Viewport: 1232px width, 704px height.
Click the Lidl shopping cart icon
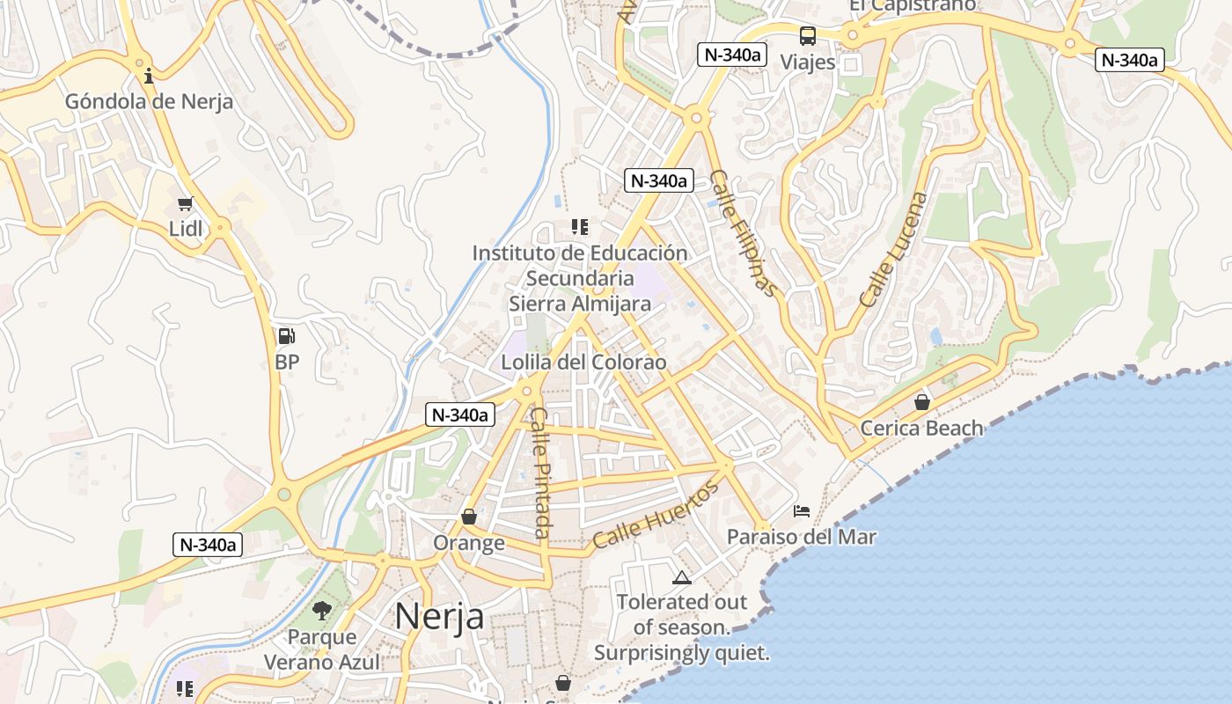click(185, 204)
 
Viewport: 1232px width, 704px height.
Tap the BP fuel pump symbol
click(286, 335)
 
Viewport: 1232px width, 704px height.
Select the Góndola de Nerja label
click(150, 101)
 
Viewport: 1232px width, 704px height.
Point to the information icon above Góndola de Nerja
click(149, 76)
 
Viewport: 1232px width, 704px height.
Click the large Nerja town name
click(438, 616)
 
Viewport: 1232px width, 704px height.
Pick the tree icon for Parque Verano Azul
click(322, 611)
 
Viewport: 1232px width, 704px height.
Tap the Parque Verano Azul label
click(322, 649)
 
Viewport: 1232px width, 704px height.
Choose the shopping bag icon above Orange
click(469, 517)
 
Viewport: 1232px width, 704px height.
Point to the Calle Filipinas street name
click(744, 233)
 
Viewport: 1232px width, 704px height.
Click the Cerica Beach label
click(921, 429)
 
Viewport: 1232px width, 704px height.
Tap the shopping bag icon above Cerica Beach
click(921, 402)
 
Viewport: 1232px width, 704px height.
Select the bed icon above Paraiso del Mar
click(801, 510)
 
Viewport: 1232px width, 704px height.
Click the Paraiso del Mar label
click(801, 536)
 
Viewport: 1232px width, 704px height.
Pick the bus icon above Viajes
click(807, 36)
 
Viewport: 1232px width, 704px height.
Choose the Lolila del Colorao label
click(583, 362)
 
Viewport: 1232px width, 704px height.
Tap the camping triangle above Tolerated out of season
click(681, 578)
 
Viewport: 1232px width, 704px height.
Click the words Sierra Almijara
click(580, 304)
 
